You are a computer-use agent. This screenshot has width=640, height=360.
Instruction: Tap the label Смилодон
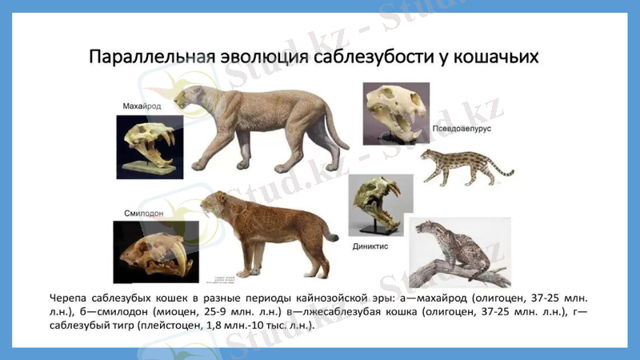click(x=143, y=214)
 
